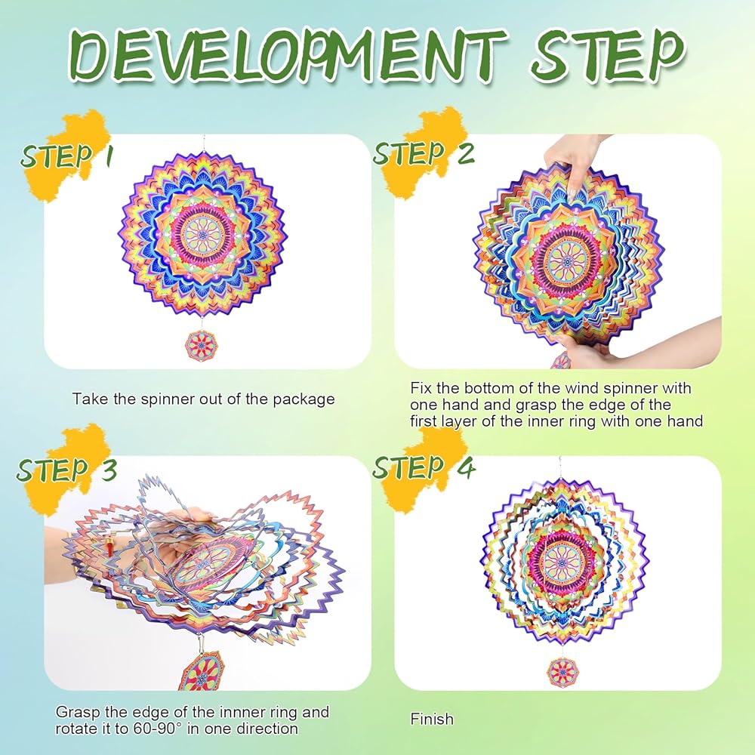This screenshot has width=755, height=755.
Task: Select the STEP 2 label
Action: click(x=424, y=153)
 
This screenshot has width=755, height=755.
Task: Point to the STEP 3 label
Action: click(x=67, y=470)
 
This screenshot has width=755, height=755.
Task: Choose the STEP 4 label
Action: click(x=424, y=467)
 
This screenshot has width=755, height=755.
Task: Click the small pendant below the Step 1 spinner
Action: click(x=202, y=345)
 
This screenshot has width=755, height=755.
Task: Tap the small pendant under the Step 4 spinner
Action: click(x=562, y=671)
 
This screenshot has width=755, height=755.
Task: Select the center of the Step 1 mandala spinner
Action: click(x=202, y=235)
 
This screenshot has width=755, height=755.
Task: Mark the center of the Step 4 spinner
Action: click(x=562, y=562)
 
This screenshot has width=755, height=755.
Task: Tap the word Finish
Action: click(x=432, y=719)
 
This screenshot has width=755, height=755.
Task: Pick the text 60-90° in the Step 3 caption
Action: click(x=151, y=728)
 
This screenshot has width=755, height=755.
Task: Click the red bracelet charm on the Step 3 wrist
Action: click(x=109, y=548)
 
